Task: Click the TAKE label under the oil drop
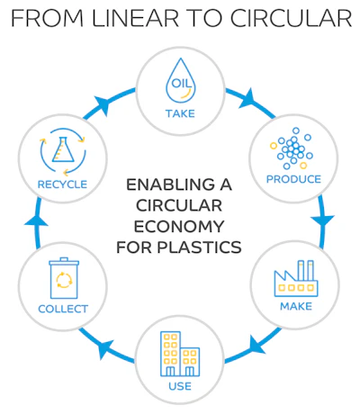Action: coord(180,112)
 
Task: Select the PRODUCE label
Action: coord(293,179)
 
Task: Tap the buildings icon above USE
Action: coord(180,355)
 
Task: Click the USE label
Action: coord(180,387)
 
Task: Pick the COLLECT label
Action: coord(63,310)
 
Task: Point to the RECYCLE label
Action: coord(63,184)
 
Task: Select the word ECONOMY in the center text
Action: coord(180,224)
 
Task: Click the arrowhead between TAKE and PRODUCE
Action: coord(244,93)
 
